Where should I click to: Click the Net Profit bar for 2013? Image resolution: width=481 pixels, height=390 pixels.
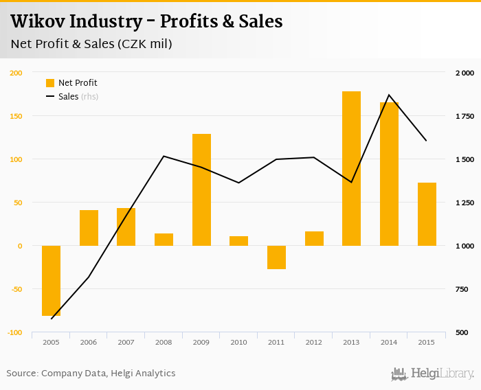pos(351,168)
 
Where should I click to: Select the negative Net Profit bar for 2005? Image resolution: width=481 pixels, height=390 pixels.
pos(52,280)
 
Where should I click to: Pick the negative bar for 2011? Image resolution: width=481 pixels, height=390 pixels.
pos(276,257)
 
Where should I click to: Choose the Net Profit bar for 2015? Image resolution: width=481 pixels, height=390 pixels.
pos(427,214)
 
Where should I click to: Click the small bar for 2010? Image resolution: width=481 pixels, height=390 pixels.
pos(238,240)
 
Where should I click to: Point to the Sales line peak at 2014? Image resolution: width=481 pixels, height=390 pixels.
pos(389,95)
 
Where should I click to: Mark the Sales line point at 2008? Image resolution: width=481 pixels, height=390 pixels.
pos(164,156)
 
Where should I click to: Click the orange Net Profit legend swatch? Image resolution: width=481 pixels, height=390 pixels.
pos(50,83)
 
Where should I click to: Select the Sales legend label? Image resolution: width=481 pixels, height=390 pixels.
pos(68,97)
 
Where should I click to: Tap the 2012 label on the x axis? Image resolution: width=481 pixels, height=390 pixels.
pos(313,342)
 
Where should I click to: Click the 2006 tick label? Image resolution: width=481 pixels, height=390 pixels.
pos(89,342)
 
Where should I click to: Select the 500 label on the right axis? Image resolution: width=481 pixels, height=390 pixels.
pos(462,332)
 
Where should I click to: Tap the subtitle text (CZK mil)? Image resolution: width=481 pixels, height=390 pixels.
pos(144,44)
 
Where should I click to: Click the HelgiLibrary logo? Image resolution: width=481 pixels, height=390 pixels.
pos(432,374)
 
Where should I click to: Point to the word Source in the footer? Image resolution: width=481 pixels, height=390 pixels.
pos(21,374)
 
